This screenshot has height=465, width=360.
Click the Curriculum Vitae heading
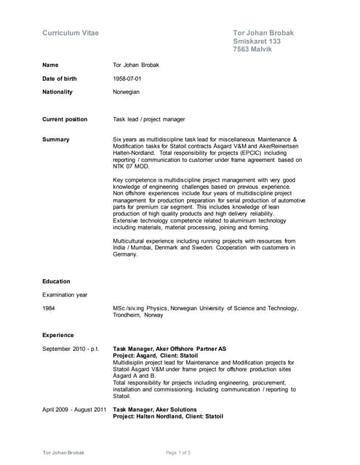(x=71, y=33)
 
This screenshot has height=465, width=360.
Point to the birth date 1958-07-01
(x=127, y=78)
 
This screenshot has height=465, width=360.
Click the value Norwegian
(x=127, y=92)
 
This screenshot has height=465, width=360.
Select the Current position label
(x=65, y=119)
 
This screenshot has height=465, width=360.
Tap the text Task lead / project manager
(x=149, y=119)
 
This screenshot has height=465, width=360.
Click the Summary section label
(x=56, y=139)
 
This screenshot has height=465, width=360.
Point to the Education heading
(x=56, y=281)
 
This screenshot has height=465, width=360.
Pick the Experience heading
(x=58, y=335)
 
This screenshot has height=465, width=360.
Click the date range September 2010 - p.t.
(x=71, y=349)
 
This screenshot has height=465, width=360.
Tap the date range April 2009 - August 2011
(x=74, y=410)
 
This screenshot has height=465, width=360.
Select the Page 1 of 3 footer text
(x=179, y=453)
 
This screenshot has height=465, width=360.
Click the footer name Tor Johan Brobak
(x=63, y=453)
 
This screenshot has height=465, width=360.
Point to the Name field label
(x=50, y=65)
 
